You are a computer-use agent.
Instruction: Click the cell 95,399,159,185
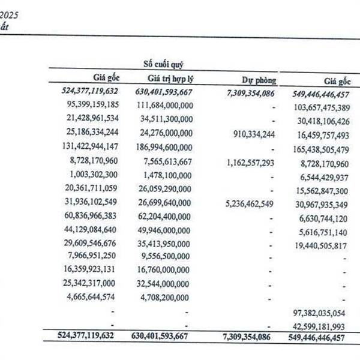tap(89, 105)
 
